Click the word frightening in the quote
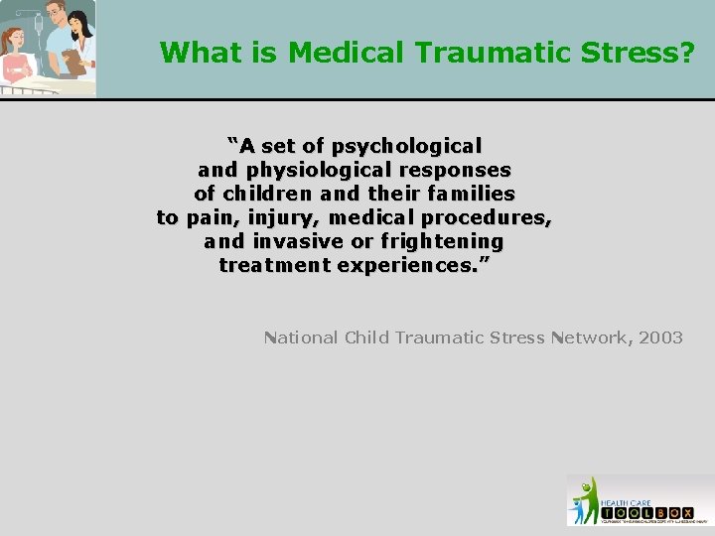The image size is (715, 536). coord(442,241)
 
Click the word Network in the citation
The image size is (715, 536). coord(586,337)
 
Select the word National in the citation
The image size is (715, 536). coord(302,337)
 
